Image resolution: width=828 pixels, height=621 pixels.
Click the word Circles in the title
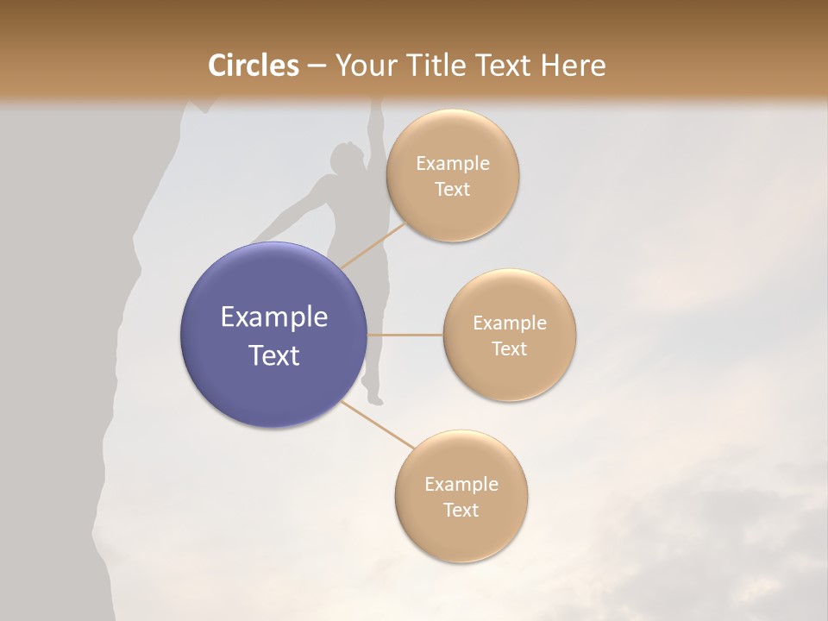[254, 66]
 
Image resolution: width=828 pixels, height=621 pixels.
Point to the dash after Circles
[317, 66]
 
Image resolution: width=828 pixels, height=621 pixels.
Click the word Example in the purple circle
[274, 317]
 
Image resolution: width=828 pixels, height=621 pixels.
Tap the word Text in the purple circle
[274, 355]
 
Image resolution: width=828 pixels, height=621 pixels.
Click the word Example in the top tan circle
[453, 164]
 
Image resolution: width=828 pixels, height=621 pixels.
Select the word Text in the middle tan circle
[510, 349]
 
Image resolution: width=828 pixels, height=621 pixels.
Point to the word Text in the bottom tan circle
[461, 511]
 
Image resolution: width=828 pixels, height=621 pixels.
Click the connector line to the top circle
[373, 245]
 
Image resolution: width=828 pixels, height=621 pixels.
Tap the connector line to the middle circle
[405, 335]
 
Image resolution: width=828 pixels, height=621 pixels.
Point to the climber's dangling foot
[375, 399]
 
